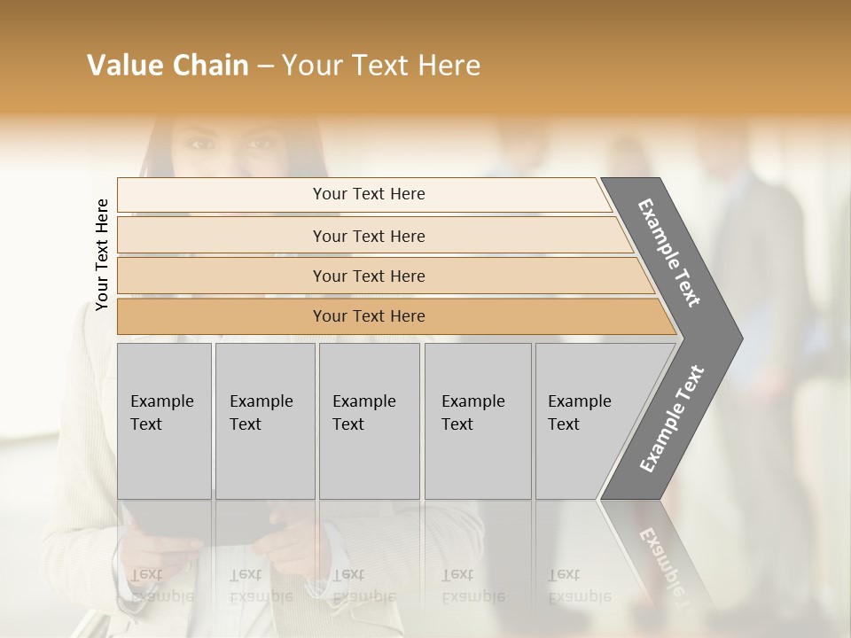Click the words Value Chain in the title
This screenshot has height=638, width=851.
pos(168,66)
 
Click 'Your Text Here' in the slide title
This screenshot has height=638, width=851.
pos(381,66)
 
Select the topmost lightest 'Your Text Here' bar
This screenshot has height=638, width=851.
pos(368,194)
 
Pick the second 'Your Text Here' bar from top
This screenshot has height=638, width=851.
pos(368,236)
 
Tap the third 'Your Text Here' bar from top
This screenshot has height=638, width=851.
pos(368,276)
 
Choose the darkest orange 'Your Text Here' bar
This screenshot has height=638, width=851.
pos(368,316)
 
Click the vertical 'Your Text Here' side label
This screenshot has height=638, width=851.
pos(102,254)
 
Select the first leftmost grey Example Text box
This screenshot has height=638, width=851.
pos(164,420)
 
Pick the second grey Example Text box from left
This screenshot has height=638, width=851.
pos(264,420)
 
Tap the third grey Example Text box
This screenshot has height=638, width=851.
pos(369,420)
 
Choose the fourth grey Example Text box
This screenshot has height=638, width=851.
pos(477,420)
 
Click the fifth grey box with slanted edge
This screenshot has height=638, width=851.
pos(585,420)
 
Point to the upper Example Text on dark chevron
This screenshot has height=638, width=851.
pos(669,253)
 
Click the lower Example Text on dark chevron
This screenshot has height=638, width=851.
pos(671,419)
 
